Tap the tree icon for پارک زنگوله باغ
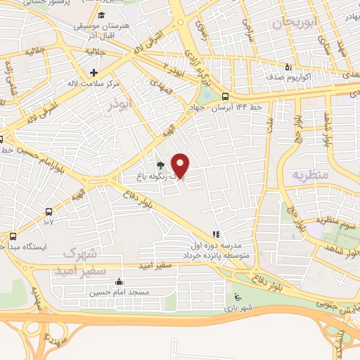(162, 166)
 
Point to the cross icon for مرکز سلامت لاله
(94, 72)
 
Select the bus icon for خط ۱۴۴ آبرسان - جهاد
(225, 96)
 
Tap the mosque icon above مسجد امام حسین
(128, 283)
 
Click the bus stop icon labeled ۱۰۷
(48, 212)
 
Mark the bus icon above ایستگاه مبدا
(13, 236)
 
